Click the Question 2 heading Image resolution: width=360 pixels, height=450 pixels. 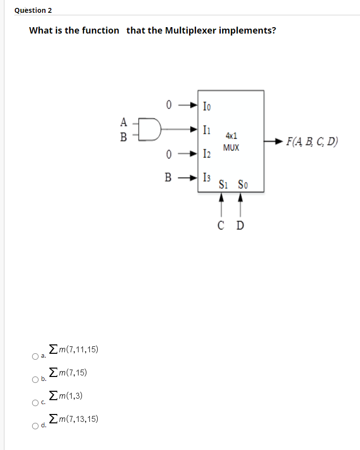[x=33, y=10]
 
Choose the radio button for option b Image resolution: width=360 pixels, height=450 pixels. [x=36, y=379]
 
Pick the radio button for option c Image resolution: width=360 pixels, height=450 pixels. [x=36, y=403]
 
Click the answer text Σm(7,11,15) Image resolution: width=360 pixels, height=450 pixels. [x=74, y=350]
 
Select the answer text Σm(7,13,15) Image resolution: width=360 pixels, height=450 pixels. [x=74, y=419]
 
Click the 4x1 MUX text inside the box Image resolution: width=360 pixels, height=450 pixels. [x=231, y=141]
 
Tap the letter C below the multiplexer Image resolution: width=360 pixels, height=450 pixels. [x=221, y=226]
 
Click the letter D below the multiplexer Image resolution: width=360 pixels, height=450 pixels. [x=240, y=226]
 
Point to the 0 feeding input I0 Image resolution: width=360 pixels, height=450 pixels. [x=169, y=105]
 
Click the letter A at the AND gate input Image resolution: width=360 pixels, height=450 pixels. [x=123, y=121]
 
